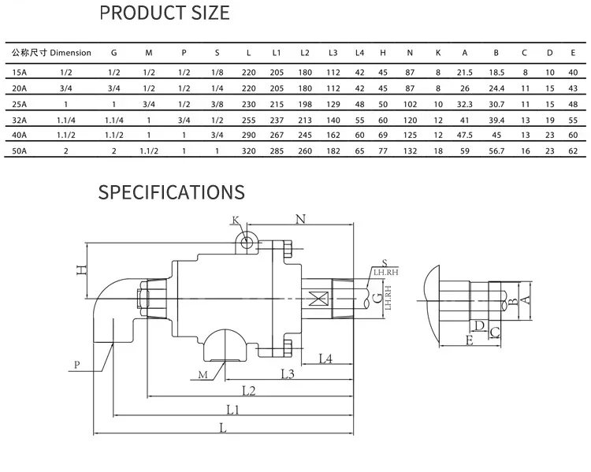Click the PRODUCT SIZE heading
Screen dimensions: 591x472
[x=165, y=13]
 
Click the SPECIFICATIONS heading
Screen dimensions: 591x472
[x=172, y=192]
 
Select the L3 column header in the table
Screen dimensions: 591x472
[x=333, y=53]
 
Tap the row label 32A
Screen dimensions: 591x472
[x=19, y=121]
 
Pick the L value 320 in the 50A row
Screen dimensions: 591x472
[x=248, y=151]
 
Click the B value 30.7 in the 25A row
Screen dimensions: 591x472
[x=496, y=105]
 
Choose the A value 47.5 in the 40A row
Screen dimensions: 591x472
[x=465, y=135]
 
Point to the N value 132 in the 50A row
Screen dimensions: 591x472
[x=410, y=151]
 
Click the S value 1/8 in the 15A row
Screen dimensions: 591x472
[x=217, y=72]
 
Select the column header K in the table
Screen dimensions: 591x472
[x=438, y=53]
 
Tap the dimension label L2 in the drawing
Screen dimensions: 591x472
[x=249, y=391]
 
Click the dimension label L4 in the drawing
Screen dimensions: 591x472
[x=325, y=359]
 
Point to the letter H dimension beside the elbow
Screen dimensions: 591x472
[x=82, y=270]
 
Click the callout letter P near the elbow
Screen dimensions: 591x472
[x=77, y=365]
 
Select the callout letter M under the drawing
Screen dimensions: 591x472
[x=203, y=375]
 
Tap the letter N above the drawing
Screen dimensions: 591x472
[x=300, y=219]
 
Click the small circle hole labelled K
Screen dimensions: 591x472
[x=247, y=243]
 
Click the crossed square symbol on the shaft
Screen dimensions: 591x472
[x=318, y=299]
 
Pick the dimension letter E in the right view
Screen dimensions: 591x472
[x=470, y=340]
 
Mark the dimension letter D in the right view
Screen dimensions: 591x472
[x=479, y=325]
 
